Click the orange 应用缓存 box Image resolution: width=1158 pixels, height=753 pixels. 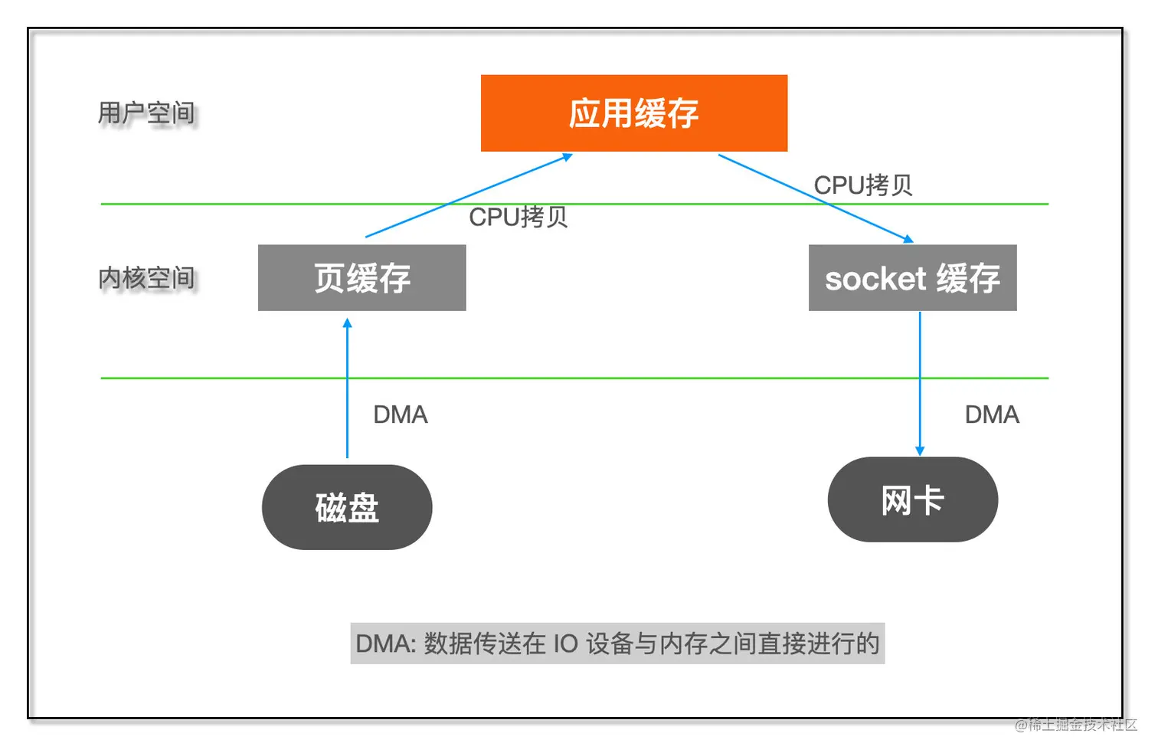[633, 113]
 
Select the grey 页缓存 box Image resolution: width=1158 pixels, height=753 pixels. [361, 277]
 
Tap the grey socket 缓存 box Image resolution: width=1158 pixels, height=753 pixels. [912, 277]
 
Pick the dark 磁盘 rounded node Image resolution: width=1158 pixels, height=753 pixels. [347, 507]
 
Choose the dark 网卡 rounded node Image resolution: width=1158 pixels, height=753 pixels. [912, 499]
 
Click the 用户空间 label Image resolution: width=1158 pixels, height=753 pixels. [146, 113]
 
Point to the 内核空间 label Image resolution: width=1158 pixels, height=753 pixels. [146, 278]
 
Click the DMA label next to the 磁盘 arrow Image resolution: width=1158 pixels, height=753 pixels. [400, 414]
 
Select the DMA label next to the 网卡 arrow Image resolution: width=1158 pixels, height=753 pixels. [991, 414]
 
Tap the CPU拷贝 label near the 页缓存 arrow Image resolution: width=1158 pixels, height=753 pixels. [518, 217]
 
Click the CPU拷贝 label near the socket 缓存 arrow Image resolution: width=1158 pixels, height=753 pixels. [862, 185]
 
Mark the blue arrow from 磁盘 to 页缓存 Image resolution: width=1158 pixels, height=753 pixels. [347, 391]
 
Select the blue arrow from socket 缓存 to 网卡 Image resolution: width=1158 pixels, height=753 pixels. [920, 383]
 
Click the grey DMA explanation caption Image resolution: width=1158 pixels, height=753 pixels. [617, 643]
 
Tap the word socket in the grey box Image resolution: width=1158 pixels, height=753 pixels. [875, 279]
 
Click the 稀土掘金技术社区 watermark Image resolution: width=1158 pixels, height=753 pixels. [1076, 725]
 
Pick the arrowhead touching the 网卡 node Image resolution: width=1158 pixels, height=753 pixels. [920, 451]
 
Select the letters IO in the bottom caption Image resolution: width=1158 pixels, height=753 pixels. [565, 643]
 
